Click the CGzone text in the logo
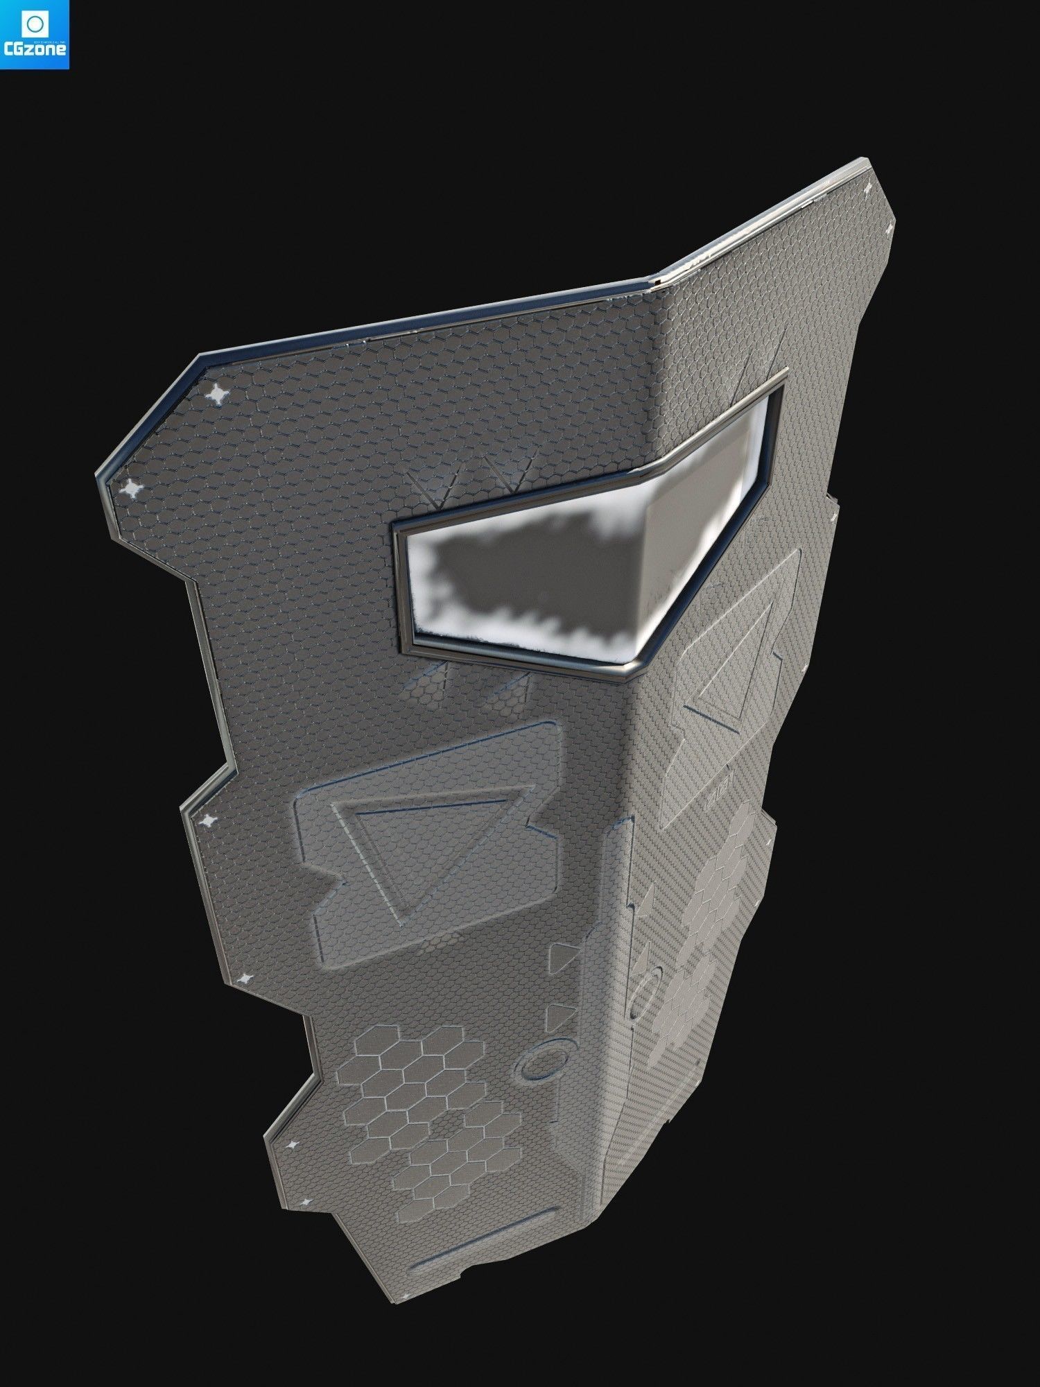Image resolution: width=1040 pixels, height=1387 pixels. [35, 50]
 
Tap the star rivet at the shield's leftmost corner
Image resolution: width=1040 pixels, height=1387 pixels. [130, 490]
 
